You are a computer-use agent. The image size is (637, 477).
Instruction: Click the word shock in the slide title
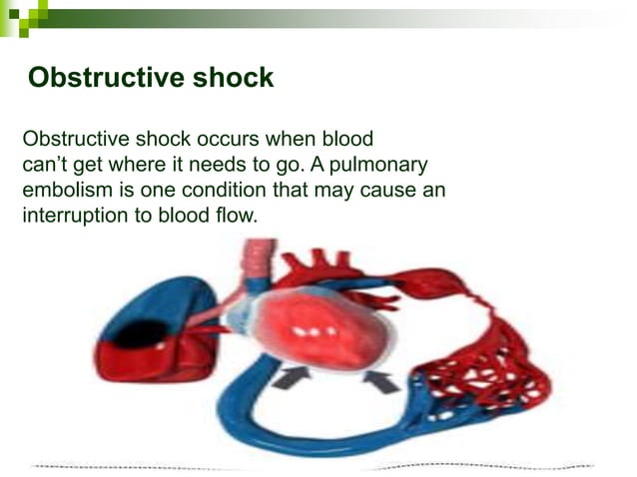(228, 79)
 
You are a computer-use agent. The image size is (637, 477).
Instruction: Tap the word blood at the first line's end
(346, 139)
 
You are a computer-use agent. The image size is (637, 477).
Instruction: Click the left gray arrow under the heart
(291, 376)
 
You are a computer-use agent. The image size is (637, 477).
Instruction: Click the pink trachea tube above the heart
(263, 263)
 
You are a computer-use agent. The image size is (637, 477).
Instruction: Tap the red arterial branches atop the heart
(319, 264)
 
